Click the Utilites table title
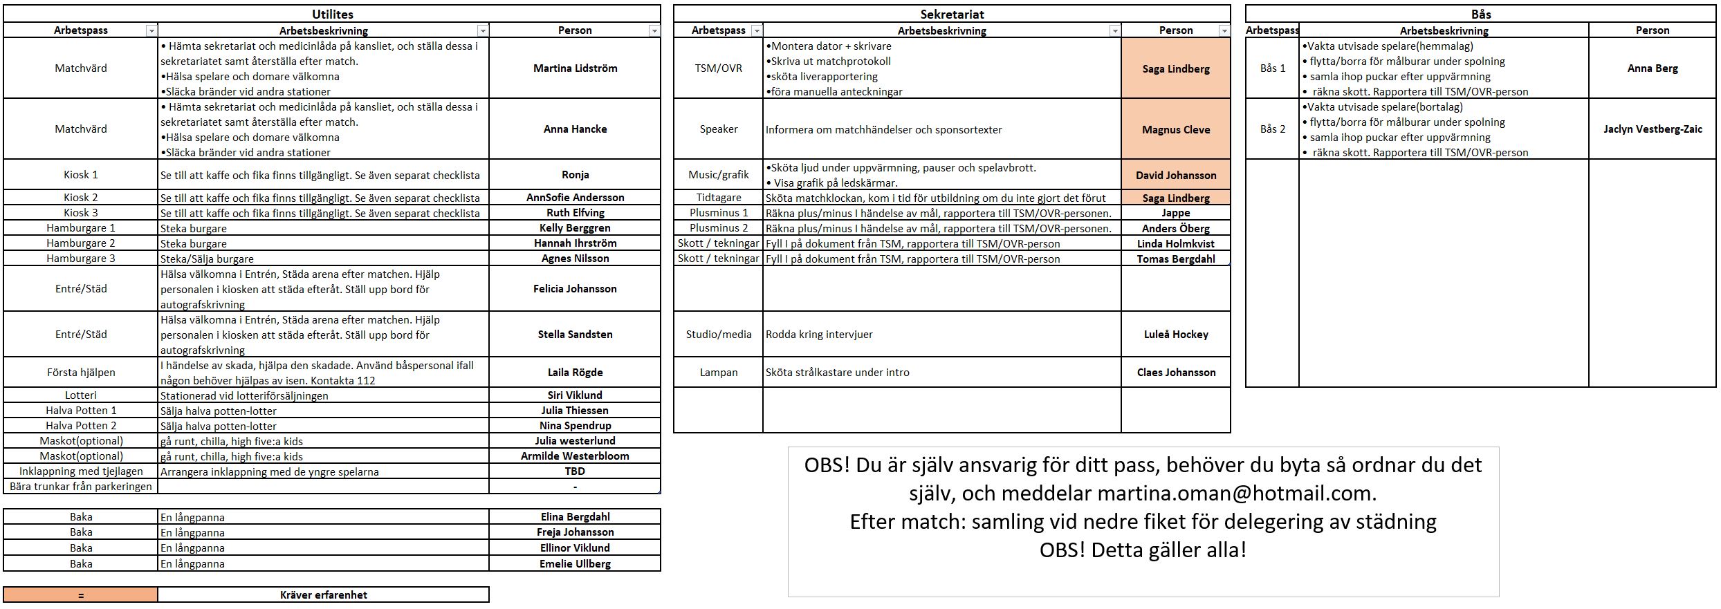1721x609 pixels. (x=332, y=14)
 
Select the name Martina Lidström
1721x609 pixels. (x=575, y=68)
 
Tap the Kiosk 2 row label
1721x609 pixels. (x=80, y=198)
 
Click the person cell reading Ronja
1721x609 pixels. (x=575, y=175)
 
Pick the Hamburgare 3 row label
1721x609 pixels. (x=80, y=259)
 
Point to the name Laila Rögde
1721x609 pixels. (x=575, y=372)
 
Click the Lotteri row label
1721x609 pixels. (x=80, y=395)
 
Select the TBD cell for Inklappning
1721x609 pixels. (x=575, y=471)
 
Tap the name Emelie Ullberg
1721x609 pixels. (x=575, y=563)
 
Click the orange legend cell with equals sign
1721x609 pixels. (x=80, y=594)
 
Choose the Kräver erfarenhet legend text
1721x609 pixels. (x=323, y=594)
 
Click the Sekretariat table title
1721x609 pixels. (x=952, y=14)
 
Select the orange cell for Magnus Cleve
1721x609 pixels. (x=1176, y=129)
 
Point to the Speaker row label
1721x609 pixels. (x=718, y=129)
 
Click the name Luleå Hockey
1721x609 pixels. (x=1176, y=334)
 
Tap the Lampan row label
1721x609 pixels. (x=718, y=372)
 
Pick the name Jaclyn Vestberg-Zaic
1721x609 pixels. (x=1653, y=129)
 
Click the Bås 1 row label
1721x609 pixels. (x=1272, y=68)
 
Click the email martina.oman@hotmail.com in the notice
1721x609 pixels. (x=1236, y=493)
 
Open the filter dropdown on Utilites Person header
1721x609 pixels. (x=654, y=30)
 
